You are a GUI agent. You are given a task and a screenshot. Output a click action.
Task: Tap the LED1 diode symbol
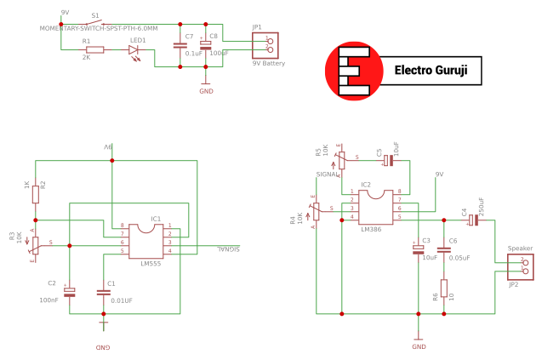click(x=134, y=50)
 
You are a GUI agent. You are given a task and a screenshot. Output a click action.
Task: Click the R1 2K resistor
click(x=95, y=50)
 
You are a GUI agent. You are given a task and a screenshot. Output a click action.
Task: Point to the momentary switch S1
click(x=95, y=23)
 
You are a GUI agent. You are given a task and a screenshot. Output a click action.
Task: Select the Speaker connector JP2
click(x=522, y=266)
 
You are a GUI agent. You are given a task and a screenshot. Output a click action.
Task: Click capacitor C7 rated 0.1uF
click(x=180, y=44)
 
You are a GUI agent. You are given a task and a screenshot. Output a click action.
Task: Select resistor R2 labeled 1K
click(x=36, y=195)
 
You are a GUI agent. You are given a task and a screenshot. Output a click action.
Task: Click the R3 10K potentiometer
click(x=35, y=245)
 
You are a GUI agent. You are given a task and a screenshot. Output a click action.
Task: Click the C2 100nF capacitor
click(x=70, y=291)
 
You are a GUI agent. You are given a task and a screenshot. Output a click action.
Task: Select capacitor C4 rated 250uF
click(x=474, y=219)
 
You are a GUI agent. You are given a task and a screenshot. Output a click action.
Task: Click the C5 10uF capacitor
click(x=387, y=160)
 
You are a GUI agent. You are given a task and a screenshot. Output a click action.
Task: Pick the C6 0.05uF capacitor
click(x=443, y=249)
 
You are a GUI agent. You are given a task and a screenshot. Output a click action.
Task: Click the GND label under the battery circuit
click(x=205, y=90)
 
